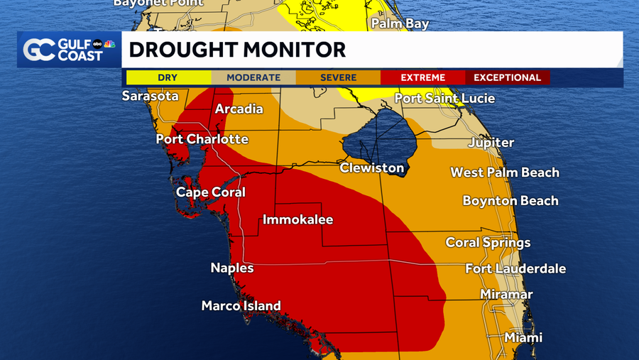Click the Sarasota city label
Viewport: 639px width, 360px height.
(x=150, y=96)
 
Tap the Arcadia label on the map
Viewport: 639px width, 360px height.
(x=239, y=109)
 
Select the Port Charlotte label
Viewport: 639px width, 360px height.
(x=202, y=139)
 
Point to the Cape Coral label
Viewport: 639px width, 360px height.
(x=210, y=192)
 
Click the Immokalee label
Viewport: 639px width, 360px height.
(x=297, y=220)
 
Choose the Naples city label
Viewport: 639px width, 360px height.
(x=231, y=268)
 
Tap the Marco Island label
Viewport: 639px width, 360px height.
(x=241, y=306)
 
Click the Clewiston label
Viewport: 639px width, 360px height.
(x=371, y=168)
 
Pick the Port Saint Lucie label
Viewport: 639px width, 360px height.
(x=444, y=98)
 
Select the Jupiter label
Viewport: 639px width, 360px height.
(x=491, y=143)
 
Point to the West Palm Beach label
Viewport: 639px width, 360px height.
(x=505, y=173)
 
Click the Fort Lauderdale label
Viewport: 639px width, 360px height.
(x=515, y=268)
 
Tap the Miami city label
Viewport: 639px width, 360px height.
(x=523, y=337)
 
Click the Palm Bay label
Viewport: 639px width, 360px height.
(x=400, y=23)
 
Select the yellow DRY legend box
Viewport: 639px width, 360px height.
(x=168, y=77)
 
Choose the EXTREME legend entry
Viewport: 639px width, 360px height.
(x=422, y=77)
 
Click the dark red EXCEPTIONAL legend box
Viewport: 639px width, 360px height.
(x=507, y=77)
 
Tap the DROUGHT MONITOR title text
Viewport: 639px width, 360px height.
(x=237, y=49)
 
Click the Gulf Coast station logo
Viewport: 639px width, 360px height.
(x=69, y=49)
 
